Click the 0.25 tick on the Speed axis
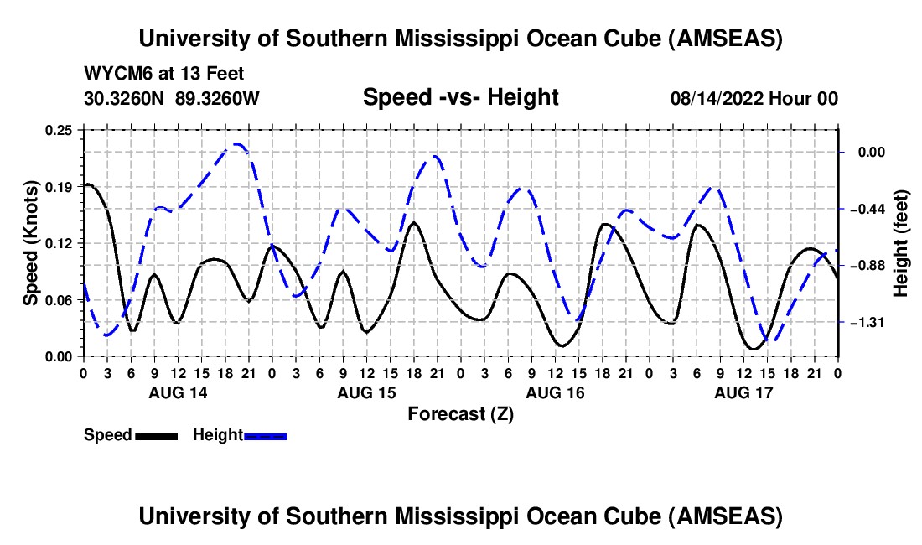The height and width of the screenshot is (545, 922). (60, 130)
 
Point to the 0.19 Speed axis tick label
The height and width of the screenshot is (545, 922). (60, 187)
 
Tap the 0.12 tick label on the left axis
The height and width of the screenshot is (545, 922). (60, 243)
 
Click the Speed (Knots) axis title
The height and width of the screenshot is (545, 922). (30, 243)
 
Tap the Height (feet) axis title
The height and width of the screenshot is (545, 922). (902, 243)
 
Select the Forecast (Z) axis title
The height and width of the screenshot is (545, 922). (460, 413)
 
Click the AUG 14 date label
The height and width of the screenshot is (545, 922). (179, 392)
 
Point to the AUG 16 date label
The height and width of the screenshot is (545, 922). (555, 392)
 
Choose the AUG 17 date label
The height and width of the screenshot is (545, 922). (743, 392)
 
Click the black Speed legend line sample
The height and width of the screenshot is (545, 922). (156, 436)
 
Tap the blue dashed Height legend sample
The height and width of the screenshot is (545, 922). (266, 436)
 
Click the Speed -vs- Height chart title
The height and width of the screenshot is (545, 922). (460, 97)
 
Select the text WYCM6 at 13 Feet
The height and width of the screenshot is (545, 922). (164, 74)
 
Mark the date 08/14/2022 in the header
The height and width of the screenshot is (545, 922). (717, 99)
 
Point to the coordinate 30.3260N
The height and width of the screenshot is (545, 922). (126, 98)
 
